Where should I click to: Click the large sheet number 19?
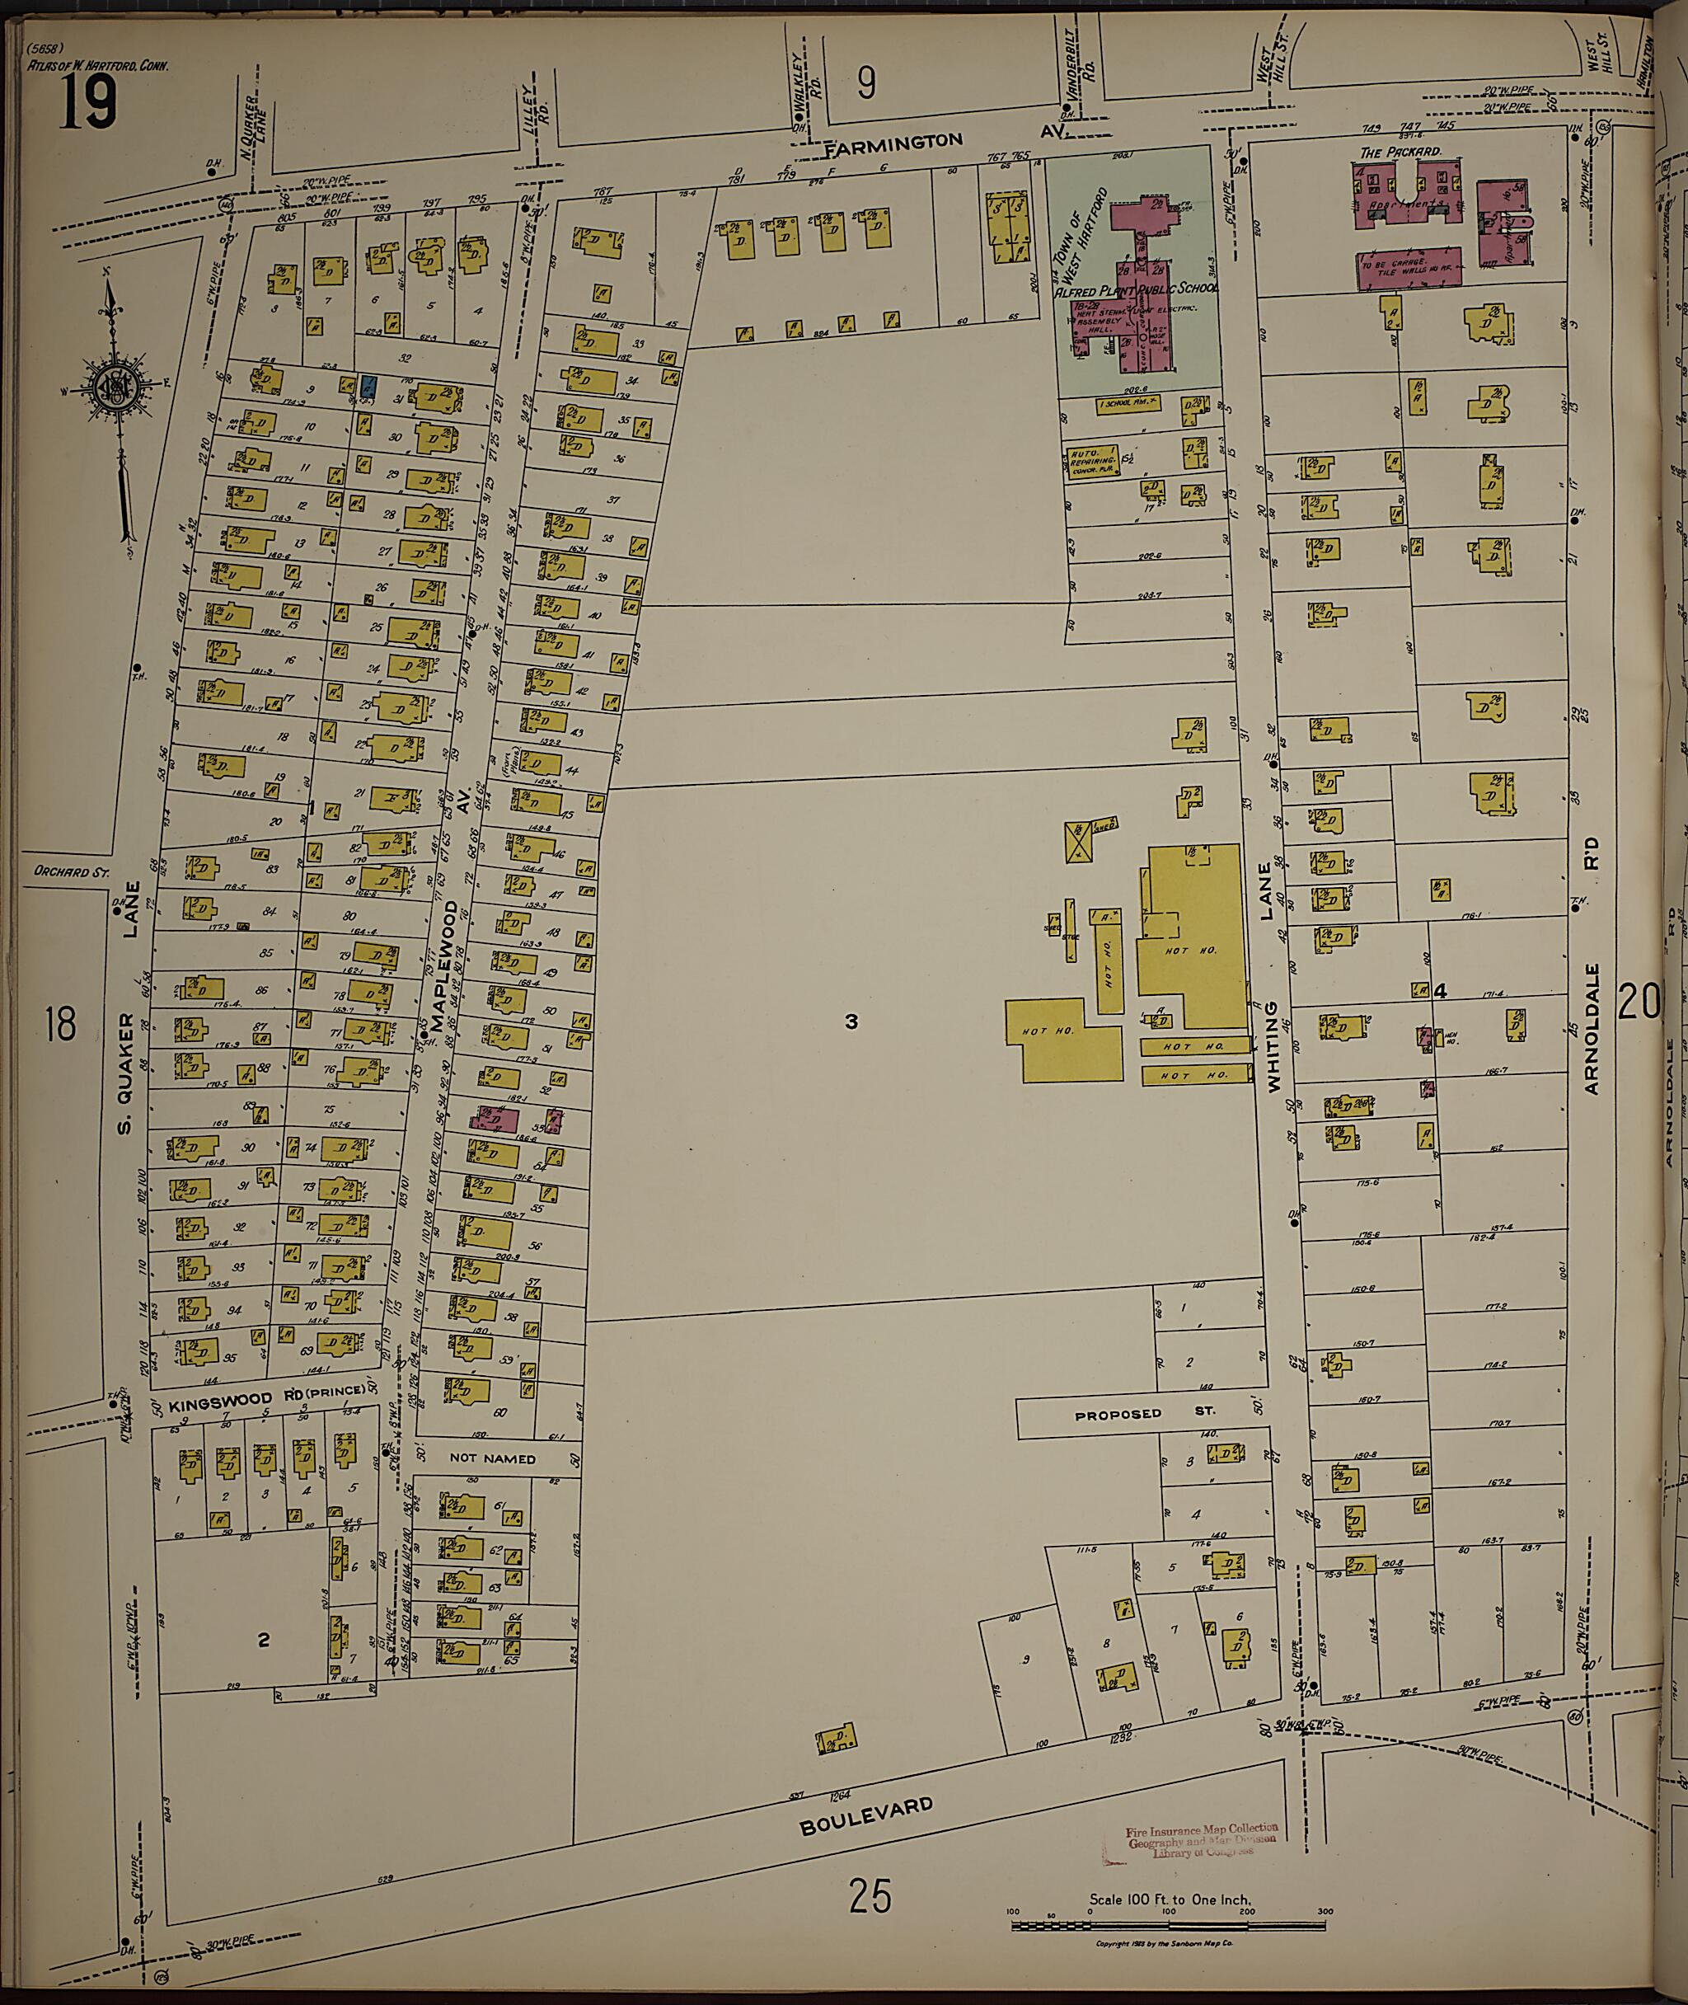tap(88, 103)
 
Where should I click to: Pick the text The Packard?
tap(1401, 153)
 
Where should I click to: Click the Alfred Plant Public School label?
tap(1136, 288)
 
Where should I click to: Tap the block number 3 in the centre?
tap(851, 1022)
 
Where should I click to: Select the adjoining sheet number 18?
tap(59, 1025)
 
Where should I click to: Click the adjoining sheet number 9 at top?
tap(865, 86)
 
